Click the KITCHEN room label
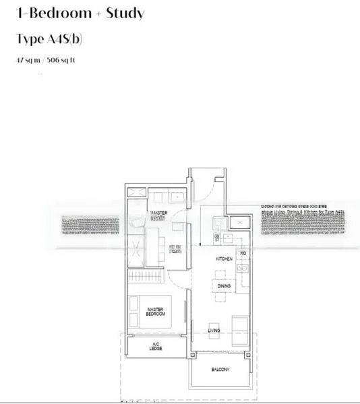(224, 258)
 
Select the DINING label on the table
(224, 286)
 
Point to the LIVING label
(214, 331)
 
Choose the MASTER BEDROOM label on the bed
(156, 312)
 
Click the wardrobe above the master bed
(146, 277)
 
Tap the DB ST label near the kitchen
(218, 237)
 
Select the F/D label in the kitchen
(243, 253)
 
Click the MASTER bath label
(158, 215)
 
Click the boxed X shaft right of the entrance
(238, 224)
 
